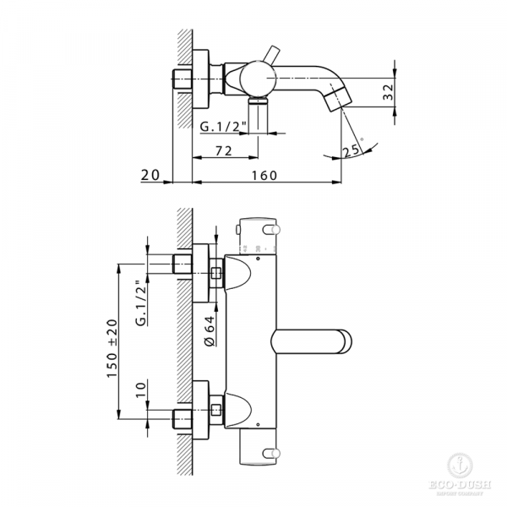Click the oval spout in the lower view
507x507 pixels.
coord(313,342)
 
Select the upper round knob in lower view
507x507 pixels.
coord(275,231)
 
